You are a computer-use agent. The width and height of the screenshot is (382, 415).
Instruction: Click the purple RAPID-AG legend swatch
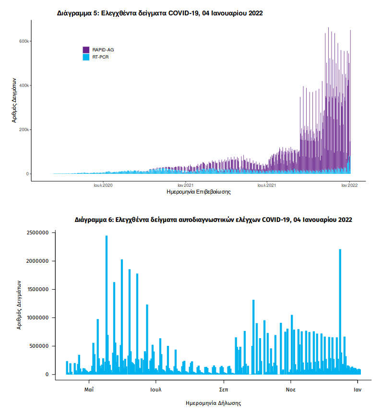coord(86,49)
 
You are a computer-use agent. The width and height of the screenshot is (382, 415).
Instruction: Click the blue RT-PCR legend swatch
coord(86,57)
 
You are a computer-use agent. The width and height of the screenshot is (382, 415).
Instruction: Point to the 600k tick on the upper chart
coord(24,41)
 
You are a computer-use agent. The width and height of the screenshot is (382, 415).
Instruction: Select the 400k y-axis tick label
coord(24,85)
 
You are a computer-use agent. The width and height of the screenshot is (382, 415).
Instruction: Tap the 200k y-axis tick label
coord(24,130)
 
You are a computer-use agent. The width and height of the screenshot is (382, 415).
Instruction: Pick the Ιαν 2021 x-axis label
coord(185,185)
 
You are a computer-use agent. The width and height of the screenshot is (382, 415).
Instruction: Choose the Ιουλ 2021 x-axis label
coord(266,185)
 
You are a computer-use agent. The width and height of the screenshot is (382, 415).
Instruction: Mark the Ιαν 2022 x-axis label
coord(349,185)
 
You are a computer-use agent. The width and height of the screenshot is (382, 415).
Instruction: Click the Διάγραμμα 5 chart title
coord(160,13)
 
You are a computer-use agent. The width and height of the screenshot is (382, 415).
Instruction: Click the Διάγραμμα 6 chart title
coord(214,220)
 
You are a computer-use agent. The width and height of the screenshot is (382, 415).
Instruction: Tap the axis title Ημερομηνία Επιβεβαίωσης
coord(198,192)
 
